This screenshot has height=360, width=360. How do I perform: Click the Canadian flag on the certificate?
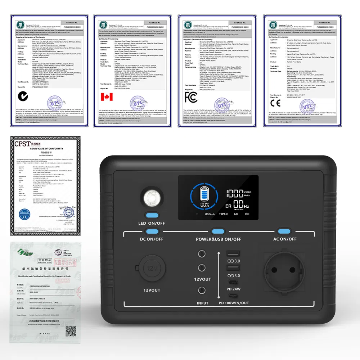(x=107, y=97)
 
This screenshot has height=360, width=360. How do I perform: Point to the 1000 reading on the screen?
(x=234, y=193)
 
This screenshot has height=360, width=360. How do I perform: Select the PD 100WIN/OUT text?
(x=234, y=303)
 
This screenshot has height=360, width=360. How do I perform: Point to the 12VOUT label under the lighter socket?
(x=152, y=290)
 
